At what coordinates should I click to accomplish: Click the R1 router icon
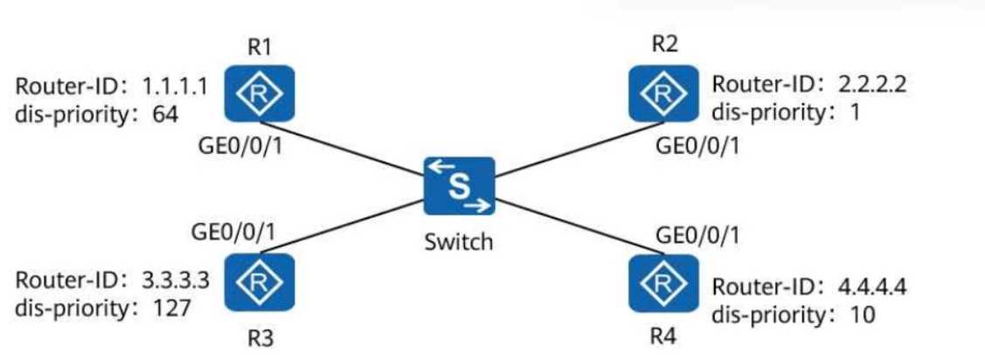click(257, 93)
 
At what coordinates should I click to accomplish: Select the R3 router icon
click(257, 280)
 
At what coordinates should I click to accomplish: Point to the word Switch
click(458, 241)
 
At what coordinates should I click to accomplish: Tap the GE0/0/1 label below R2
click(697, 146)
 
